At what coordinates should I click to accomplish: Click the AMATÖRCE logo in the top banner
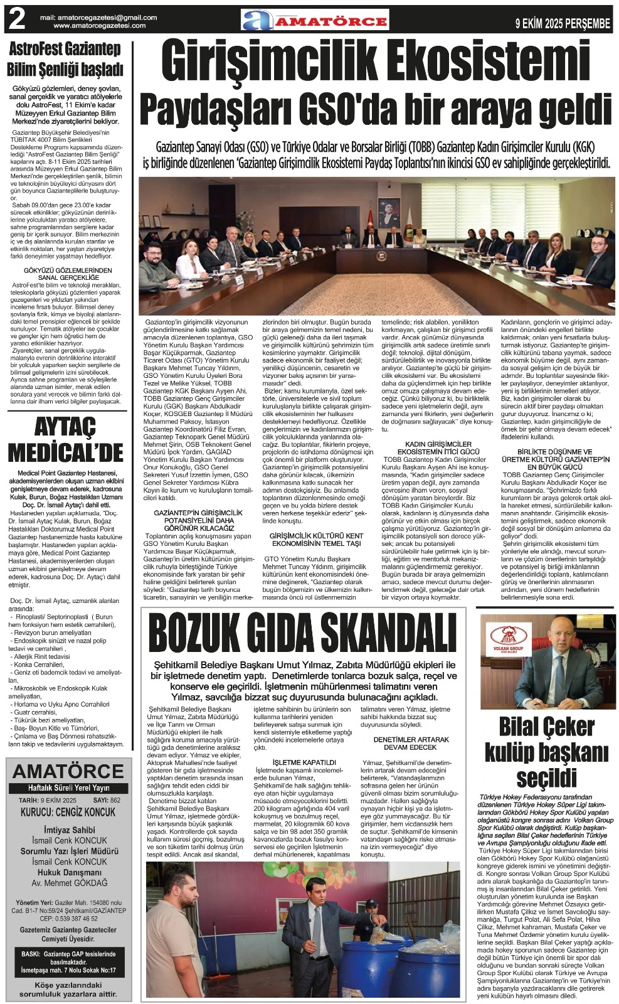pos(315,21)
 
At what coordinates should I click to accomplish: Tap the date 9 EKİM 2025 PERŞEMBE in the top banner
pos(562,24)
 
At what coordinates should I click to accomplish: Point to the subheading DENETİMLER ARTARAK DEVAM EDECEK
pos(411,743)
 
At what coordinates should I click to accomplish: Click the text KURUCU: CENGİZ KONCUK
pos(68,812)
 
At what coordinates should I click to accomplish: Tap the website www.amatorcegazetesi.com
pos(100,26)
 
